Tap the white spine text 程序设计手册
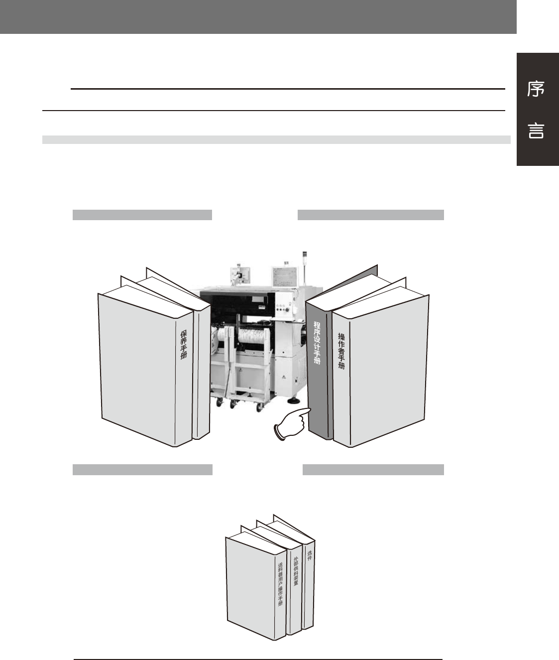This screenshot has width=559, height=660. click(317, 349)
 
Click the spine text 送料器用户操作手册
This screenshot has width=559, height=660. click(280, 583)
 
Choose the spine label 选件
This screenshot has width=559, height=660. click(310, 556)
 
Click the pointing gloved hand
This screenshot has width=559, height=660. click(291, 424)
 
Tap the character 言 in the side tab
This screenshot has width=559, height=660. click(536, 132)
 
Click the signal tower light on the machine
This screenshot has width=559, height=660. click(305, 257)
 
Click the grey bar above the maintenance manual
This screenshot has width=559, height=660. click(142, 215)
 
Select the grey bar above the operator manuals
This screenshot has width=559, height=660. click(370, 215)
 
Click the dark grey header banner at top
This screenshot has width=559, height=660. click(258, 16)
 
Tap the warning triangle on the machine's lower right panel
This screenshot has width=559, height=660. click(284, 378)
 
